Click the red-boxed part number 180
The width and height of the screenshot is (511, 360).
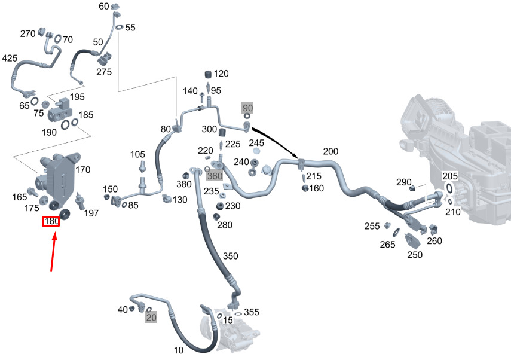(x=50, y=222)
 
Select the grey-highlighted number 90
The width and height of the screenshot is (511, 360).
(x=248, y=108)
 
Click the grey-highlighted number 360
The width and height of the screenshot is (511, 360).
(x=214, y=176)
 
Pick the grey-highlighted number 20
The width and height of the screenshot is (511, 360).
(x=151, y=318)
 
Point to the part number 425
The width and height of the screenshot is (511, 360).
(x=10, y=59)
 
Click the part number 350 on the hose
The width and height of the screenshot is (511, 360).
(x=230, y=256)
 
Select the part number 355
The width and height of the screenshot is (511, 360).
(x=252, y=312)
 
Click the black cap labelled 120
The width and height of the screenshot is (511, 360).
(x=209, y=74)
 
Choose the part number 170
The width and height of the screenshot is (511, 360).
(x=82, y=170)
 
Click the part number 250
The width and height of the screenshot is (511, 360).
(x=415, y=255)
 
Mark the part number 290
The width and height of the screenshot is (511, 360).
(x=404, y=182)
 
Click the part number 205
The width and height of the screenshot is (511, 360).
(x=450, y=176)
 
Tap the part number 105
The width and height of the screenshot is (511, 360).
(x=137, y=155)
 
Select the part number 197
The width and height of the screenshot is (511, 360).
(x=91, y=213)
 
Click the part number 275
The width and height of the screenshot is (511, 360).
(x=104, y=72)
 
